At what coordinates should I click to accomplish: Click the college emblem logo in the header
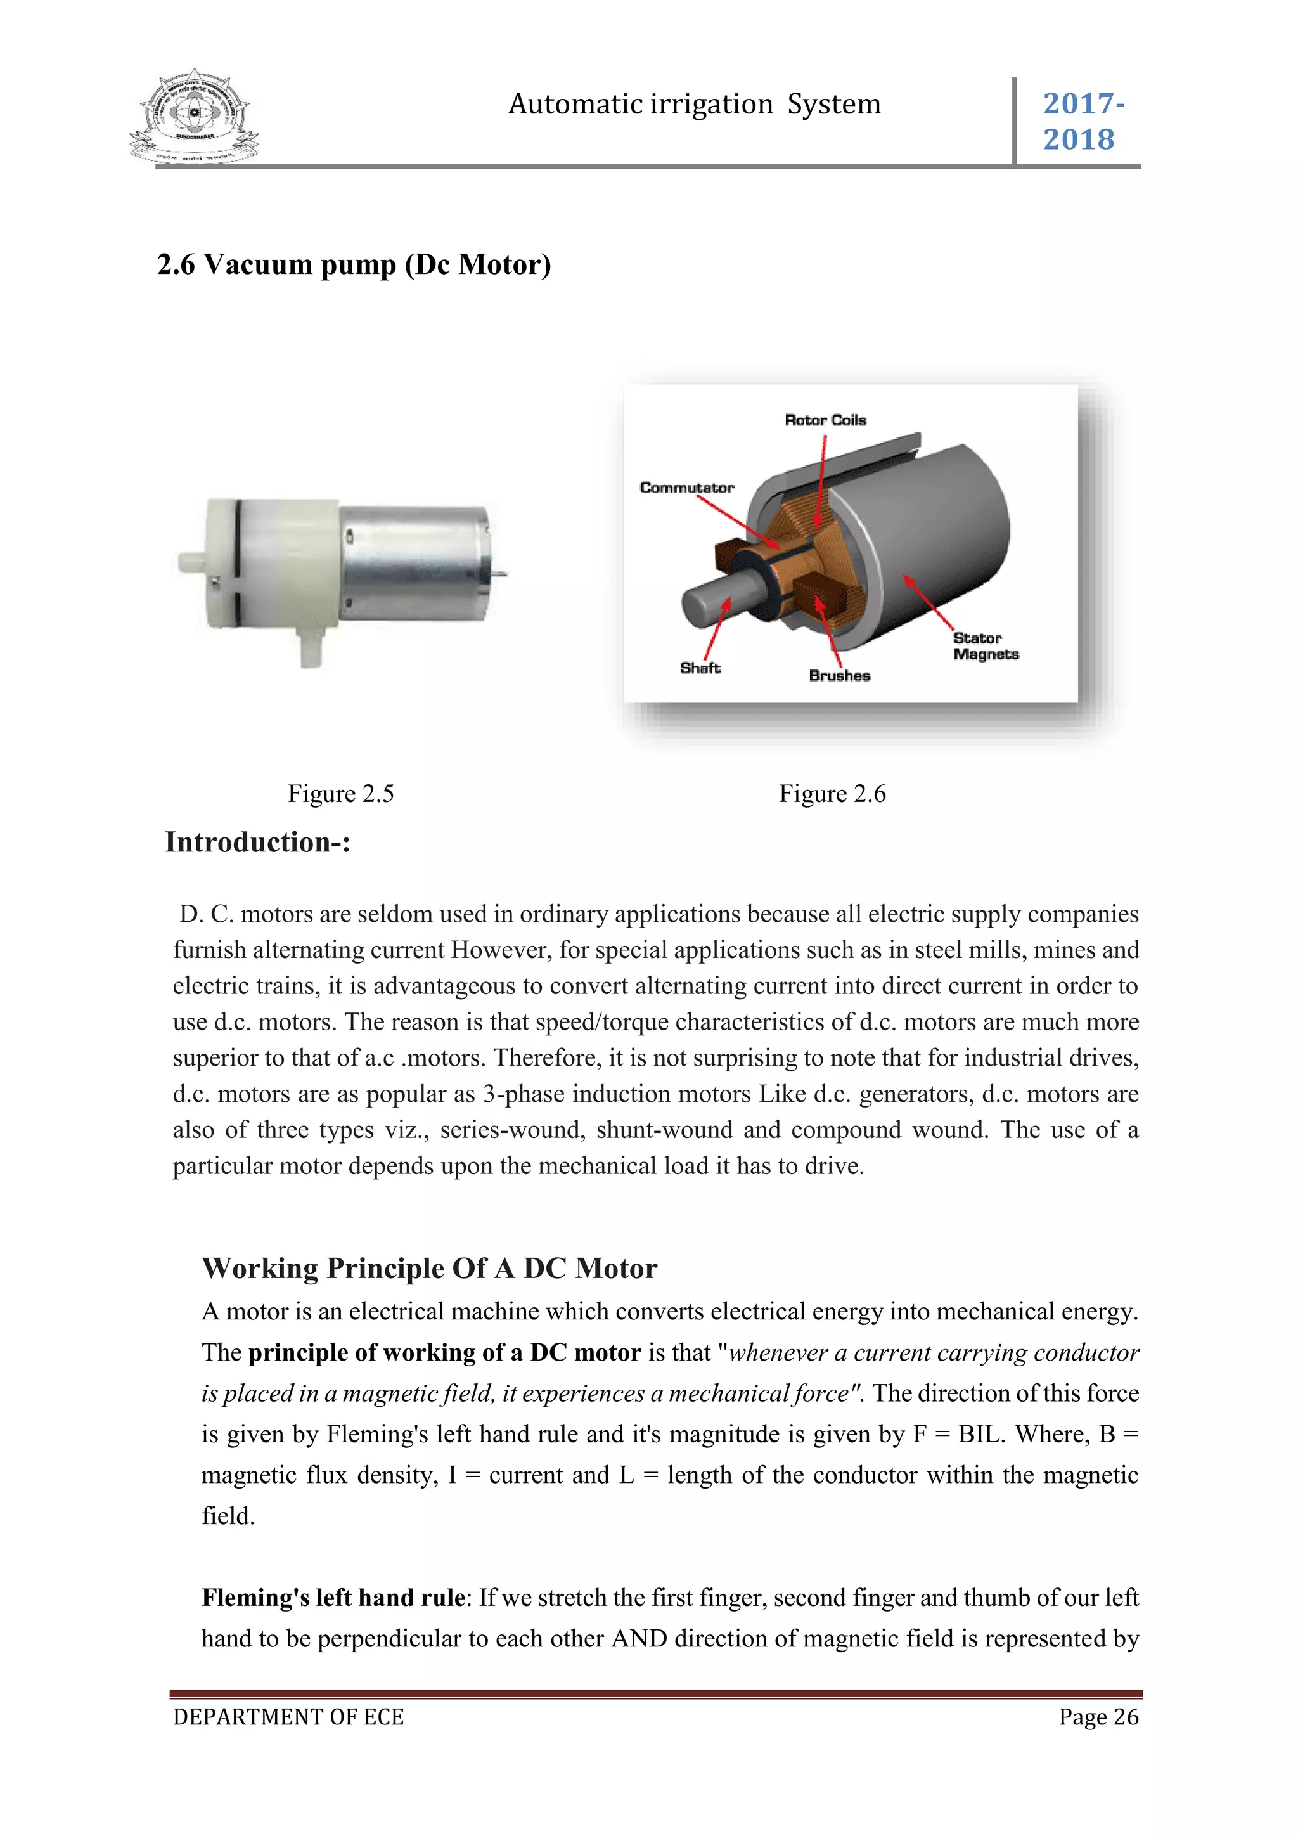pyautogui.click(x=194, y=117)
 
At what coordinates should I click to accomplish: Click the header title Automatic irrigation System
pyautogui.click(x=694, y=104)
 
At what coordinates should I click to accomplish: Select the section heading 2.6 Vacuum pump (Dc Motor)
pyautogui.click(x=354, y=264)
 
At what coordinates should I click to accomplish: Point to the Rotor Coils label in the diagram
pyautogui.click(x=825, y=420)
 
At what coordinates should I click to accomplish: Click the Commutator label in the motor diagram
pyautogui.click(x=686, y=487)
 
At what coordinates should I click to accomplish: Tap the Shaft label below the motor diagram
pyautogui.click(x=699, y=668)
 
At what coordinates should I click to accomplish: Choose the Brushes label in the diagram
pyautogui.click(x=839, y=676)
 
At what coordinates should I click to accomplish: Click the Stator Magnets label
pyautogui.click(x=985, y=646)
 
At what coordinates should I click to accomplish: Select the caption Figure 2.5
pyautogui.click(x=340, y=793)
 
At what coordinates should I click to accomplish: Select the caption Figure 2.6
pyautogui.click(x=832, y=793)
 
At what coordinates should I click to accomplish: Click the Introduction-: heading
pyautogui.click(x=257, y=842)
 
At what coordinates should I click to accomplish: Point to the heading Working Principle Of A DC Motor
pyautogui.click(x=429, y=1268)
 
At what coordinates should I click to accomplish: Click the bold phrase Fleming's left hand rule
pyautogui.click(x=333, y=1597)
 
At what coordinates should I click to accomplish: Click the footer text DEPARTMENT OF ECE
pyautogui.click(x=288, y=1717)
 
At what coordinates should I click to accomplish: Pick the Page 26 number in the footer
pyautogui.click(x=1098, y=1717)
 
